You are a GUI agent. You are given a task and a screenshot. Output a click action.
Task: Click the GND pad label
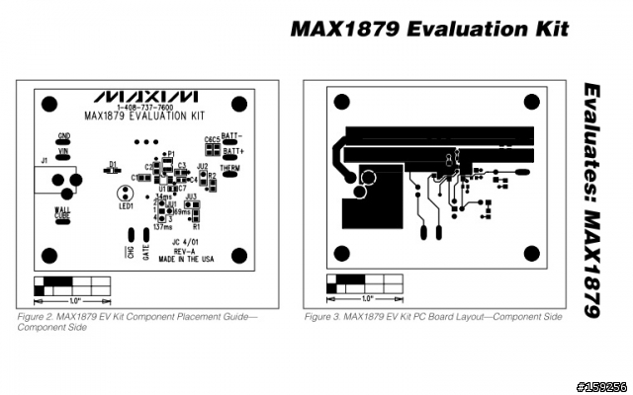click(63, 134)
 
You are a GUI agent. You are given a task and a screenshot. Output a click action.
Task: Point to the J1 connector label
click(44, 160)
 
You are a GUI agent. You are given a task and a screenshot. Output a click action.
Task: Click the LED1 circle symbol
click(126, 194)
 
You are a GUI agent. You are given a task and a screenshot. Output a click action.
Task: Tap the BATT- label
click(233, 135)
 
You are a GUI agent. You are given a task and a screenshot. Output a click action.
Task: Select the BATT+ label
click(233, 151)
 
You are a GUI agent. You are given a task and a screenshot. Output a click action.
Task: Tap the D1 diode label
click(113, 163)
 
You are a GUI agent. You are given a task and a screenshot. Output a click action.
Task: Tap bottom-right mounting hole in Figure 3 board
click(530, 254)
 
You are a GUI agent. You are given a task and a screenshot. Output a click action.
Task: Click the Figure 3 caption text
click(433, 317)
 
